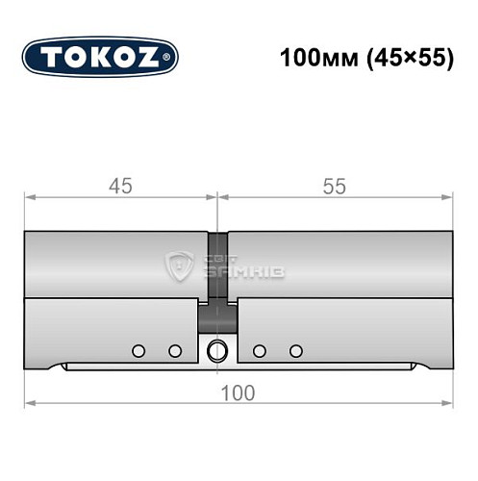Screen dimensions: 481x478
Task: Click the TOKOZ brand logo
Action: pos(100,57)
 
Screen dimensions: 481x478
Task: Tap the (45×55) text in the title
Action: pos(399,57)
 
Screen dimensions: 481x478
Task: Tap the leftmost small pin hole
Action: pos(138,349)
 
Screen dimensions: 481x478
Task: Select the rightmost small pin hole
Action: pos(296,349)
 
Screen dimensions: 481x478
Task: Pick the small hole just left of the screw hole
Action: pos(175,349)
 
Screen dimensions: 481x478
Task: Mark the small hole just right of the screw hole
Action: pos(260,349)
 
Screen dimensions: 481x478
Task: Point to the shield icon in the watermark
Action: pos(180,266)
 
